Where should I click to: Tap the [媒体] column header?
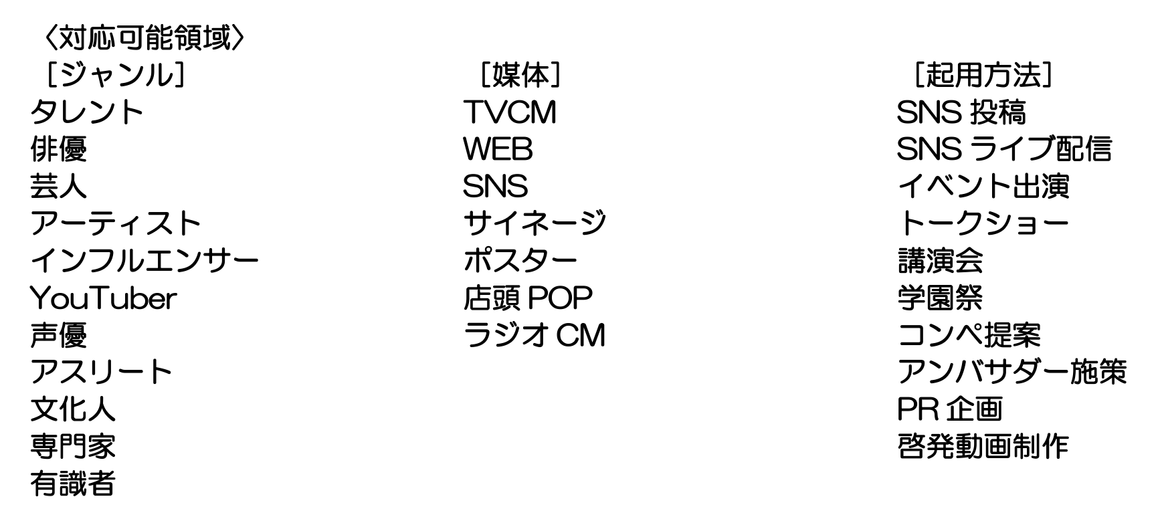(x=520, y=75)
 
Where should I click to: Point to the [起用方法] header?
(x=983, y=75)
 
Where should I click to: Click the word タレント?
(x=87, y=112)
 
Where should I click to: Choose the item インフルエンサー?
(x=144, y=260)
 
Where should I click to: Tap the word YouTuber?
(x=103, y=298)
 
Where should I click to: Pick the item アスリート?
(x=101, y=372)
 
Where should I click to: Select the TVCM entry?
(x=510, y=112)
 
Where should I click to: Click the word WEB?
(x=498, y=149)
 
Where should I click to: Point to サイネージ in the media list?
(x=535, y=223)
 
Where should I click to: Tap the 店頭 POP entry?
(x=528, y=298)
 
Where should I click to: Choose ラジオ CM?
(x=534, y=334)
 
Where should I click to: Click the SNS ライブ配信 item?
(x=1004, y=149)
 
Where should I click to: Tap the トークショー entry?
(x=983, y=223)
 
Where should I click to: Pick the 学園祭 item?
(x=939, y=298)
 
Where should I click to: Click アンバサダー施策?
(x=1011, y=372)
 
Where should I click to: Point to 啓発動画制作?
(x=983, y=446)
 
